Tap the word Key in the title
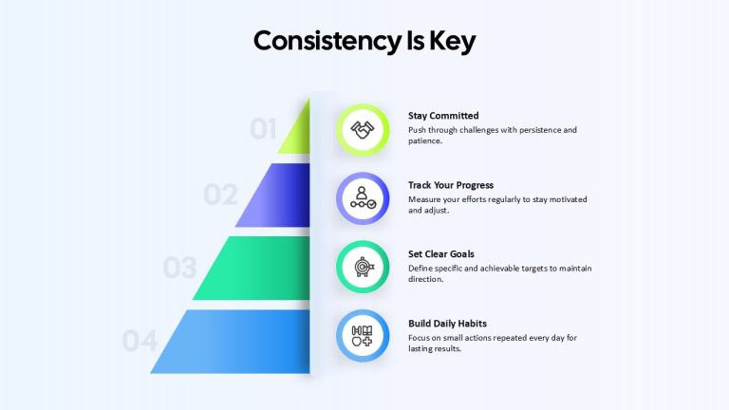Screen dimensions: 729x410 point(453,42)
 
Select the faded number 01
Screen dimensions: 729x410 point(263,129)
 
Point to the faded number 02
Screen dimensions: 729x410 point(220,195)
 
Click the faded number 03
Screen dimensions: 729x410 point(179,268)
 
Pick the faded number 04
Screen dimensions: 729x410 point(140,341)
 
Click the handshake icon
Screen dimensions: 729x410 point(363,130)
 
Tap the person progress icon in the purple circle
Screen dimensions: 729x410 point(363,198)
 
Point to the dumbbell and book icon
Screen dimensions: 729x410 point(363,336)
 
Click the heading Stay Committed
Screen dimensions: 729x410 point(443,116)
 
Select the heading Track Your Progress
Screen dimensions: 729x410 point(451,185)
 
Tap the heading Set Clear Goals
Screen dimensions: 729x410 point(441,253)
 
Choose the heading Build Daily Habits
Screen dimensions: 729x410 point(447,323)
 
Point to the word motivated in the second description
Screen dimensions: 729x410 point(569,199)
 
